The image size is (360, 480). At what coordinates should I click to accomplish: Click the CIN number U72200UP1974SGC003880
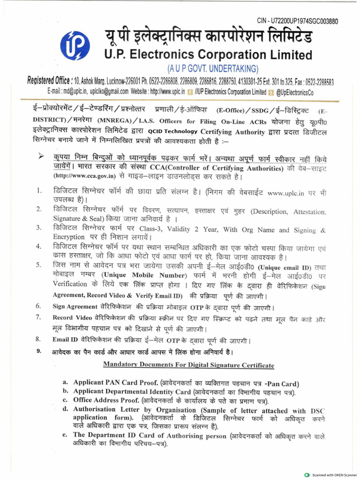298,21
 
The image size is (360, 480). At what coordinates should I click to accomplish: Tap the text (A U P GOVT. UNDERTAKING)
213,68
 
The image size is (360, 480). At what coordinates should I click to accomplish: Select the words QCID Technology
172,132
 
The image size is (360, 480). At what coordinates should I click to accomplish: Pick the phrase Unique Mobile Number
142,275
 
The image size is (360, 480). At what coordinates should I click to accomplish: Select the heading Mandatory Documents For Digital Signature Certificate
188,365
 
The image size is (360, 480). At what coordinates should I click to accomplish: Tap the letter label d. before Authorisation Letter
66,409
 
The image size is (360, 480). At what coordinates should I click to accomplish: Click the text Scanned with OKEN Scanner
334,475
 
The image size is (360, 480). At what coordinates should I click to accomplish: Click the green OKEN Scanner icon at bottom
307,475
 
